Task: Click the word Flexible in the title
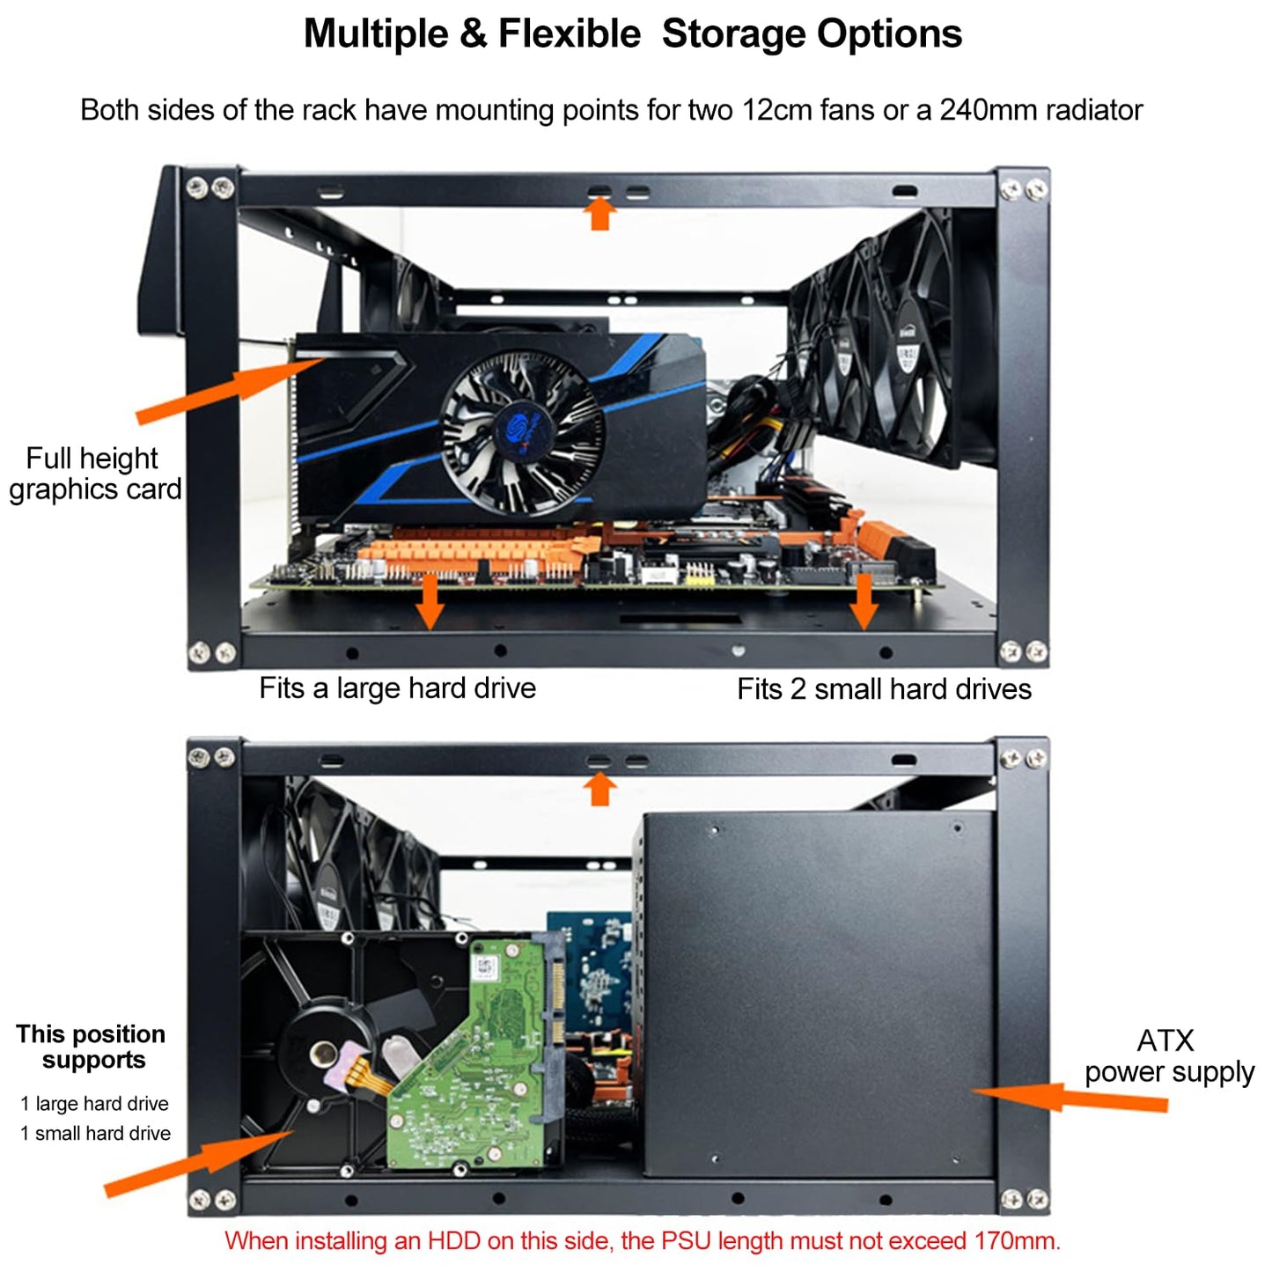click(569, 35)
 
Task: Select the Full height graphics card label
click(94, 474)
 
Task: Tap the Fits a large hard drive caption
click(397, 688)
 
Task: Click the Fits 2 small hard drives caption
click(884, 689)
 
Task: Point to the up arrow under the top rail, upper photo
click(600, 213)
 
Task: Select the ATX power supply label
click(1168, 1056)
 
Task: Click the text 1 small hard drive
click(95, 1134)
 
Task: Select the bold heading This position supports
click(92, 1047)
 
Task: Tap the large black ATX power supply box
click(819, 995)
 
